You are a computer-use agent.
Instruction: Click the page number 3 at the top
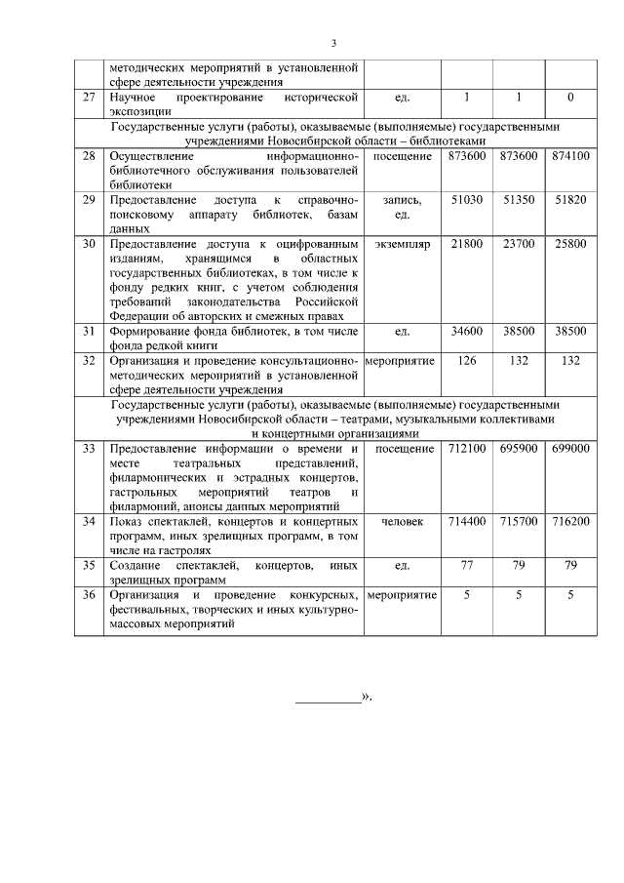333,44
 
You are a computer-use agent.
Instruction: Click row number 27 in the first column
89,98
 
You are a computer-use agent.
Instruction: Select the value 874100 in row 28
569,156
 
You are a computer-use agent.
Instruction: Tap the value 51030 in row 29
466,199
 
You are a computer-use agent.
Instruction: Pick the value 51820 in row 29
569,199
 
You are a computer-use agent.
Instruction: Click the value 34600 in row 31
466,331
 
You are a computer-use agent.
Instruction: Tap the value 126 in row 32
466,360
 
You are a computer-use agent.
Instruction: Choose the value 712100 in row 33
466,448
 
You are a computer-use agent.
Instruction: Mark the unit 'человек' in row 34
403,521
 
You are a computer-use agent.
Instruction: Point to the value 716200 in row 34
569,521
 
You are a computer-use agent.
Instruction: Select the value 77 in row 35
466,565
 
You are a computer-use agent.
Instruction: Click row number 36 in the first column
89,594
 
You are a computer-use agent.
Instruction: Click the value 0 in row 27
569,98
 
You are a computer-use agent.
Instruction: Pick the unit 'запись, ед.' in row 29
403,206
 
